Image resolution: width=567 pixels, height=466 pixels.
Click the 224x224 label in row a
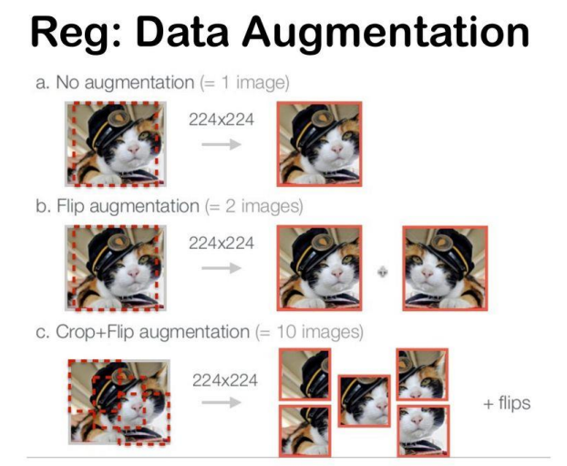click(x=222, y=119)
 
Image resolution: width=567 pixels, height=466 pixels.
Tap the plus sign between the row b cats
click(x=382, y=273)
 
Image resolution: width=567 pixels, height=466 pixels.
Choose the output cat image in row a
click(x=319, y=143)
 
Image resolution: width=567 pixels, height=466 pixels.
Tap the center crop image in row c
click(x=365, y=401)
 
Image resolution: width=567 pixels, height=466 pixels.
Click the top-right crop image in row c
click(x=422, y=372)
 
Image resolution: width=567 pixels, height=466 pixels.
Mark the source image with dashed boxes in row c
click(x=118, y=402)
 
